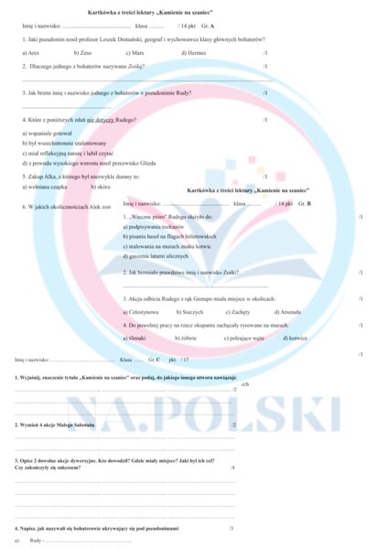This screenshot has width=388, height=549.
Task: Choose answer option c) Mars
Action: [x=135, y=53]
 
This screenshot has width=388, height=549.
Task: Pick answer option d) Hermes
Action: [x=194, y=53]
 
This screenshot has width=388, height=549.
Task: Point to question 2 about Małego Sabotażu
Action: [x=59, y=425]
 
